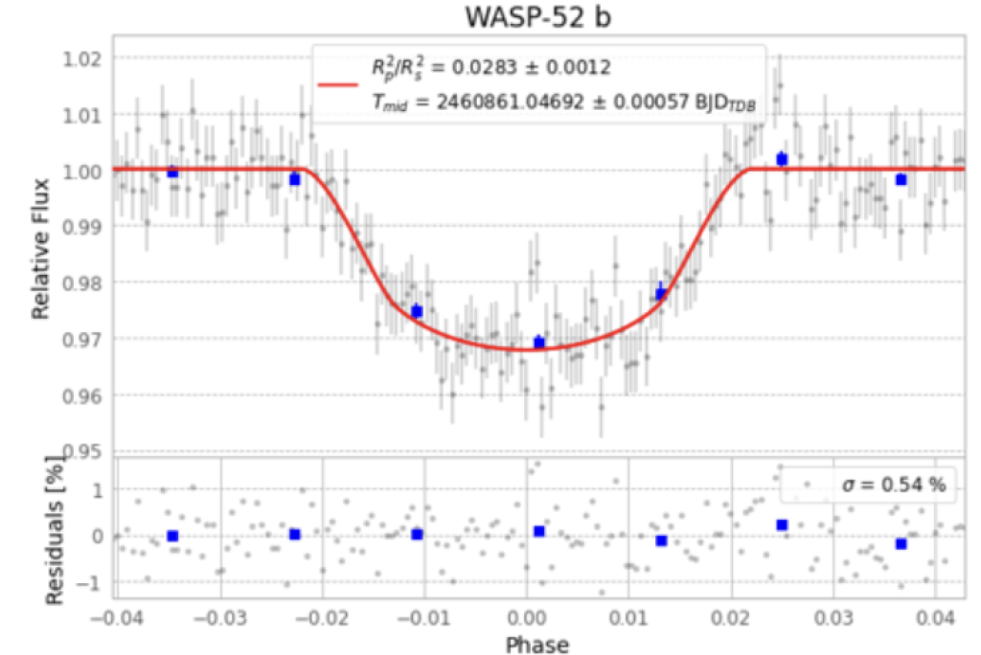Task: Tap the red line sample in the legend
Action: (x=337, y=83)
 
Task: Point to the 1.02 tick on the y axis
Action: (x=81, y=59)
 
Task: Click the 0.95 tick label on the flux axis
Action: (x=81, y=450)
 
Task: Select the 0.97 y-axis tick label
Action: (x=81, y=339)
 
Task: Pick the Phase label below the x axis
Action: (x=537, y=644)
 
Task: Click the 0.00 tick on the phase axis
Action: (x=526, y=616)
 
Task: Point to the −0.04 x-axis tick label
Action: (x=113, y=616)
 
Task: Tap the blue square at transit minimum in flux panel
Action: (x=538, y=342)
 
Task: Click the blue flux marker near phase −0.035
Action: (x=172, y=172)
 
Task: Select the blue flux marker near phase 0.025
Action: (x=782, y=159)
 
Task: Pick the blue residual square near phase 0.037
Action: (x=901, y=544)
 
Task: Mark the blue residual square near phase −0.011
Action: (x=417, y=534)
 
